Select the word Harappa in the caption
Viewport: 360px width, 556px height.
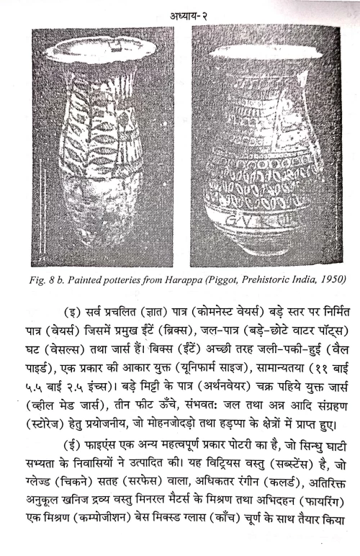click(x=194, y=277)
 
